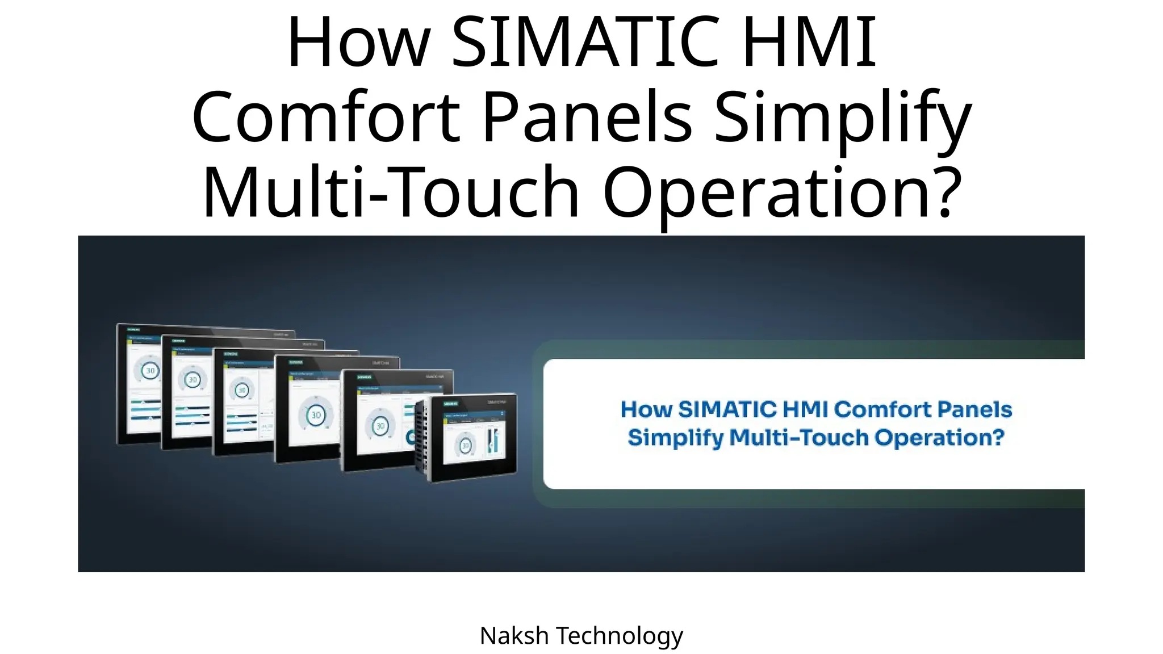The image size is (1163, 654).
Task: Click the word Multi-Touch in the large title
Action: pos(390,191)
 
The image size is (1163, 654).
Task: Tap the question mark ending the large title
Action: pos(947,191)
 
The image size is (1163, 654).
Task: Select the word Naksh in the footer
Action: pos(514,636)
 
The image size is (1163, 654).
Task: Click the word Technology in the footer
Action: pos(619,636)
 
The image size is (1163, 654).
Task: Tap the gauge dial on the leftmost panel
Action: pos(150,371)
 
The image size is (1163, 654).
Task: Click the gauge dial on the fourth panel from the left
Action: pos(316,415)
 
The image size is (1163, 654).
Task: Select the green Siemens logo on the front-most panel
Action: pos(451,404)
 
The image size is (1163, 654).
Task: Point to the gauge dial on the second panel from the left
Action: pos(193,380)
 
